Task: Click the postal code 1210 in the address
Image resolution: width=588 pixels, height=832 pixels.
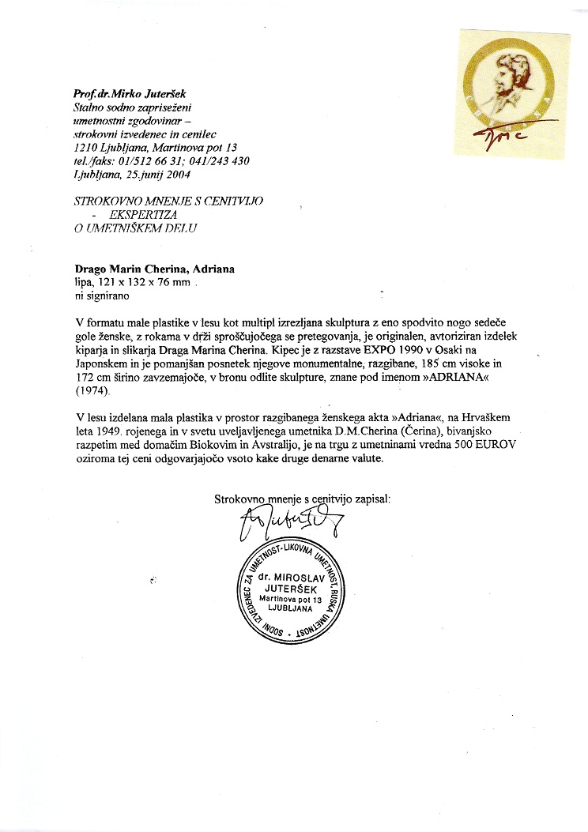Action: (86, 147)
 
